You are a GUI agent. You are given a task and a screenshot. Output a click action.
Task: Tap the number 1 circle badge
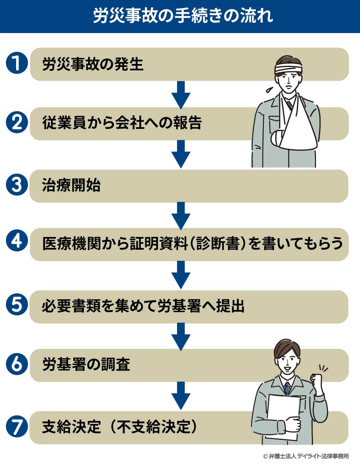pyautogui.click(x=17, y=64)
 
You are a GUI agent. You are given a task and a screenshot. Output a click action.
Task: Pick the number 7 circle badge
pyautogui.click(x=17, y=427)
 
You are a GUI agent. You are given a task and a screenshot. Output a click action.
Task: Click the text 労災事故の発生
pyautogui.click(x=93, y=64)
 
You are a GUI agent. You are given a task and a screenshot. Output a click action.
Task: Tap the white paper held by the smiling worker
pyautogui.click(x=282, y=413)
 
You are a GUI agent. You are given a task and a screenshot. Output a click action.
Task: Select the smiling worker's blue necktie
pyautogui.click(x=287, y=387)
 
